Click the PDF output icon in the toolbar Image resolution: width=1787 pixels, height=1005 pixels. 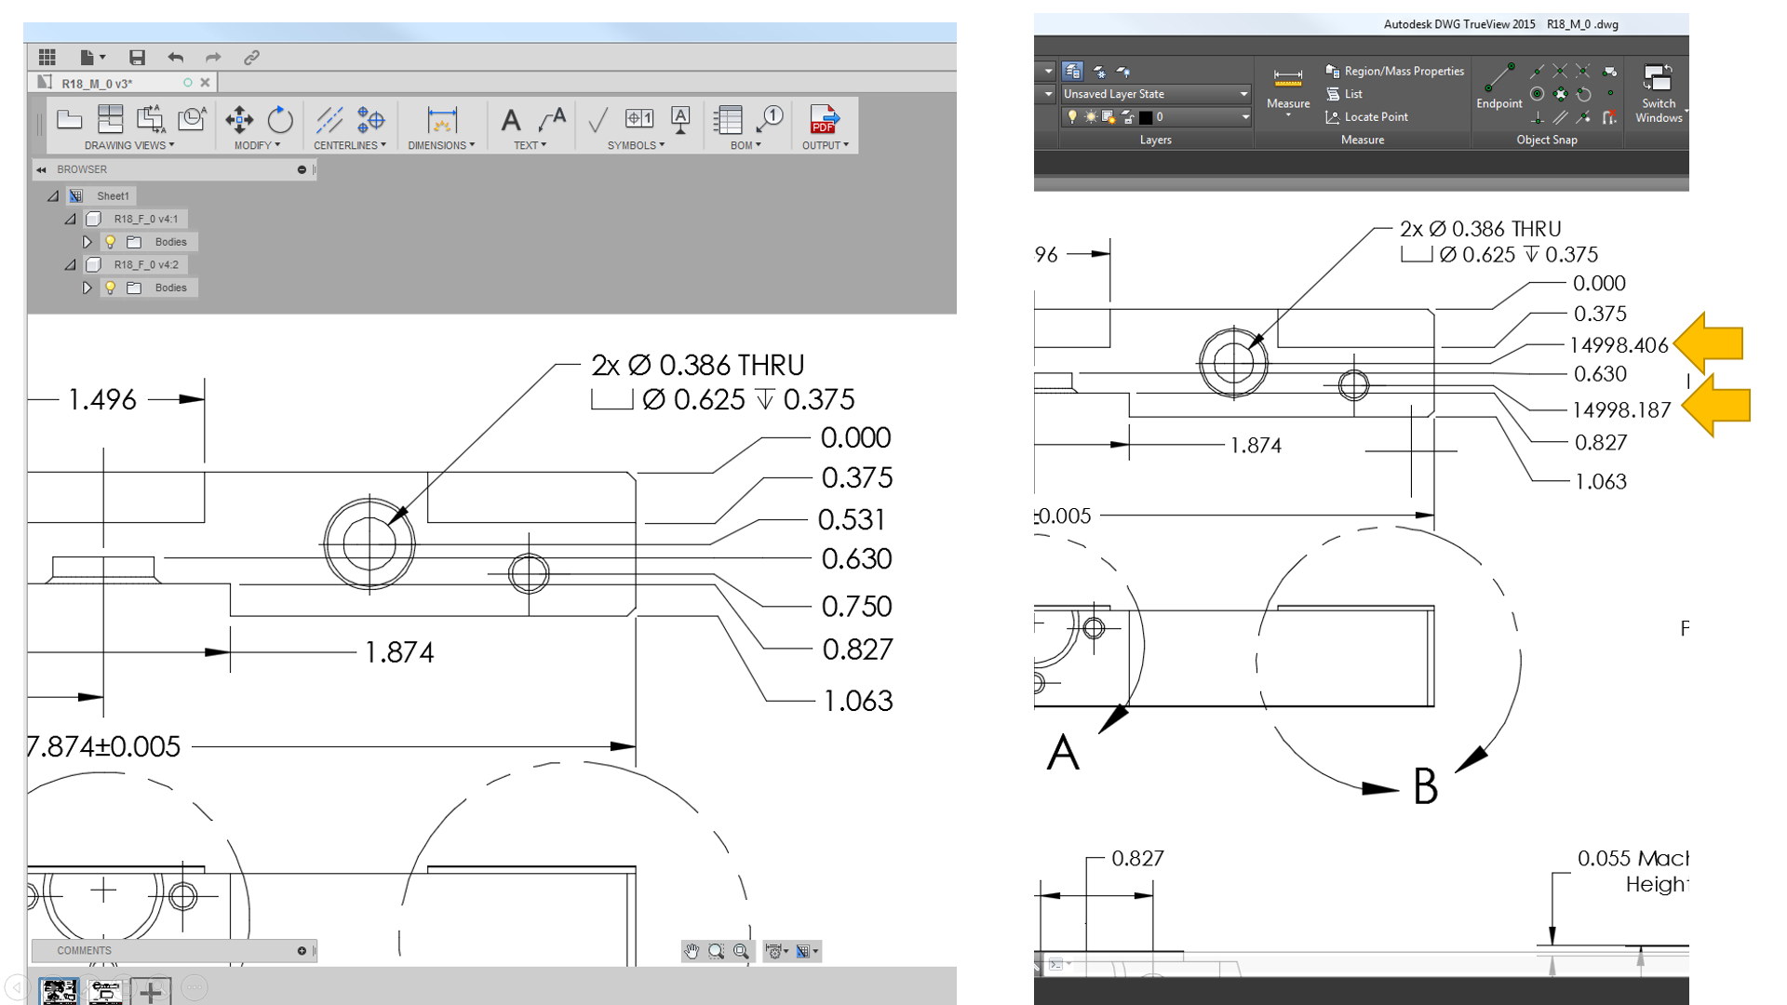tap(824, 120)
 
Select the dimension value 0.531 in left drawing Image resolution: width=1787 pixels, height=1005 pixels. tap(851, 519)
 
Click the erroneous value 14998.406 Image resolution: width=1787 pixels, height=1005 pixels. tap(1619, 345)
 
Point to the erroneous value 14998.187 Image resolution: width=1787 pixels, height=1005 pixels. tap(1620, 410)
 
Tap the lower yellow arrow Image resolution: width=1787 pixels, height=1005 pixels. tap(1716, 406)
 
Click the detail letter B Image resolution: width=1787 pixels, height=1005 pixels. tap(1425, 786)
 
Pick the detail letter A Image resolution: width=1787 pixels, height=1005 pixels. tap(1063, 752)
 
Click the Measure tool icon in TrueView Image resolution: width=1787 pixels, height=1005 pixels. tap(1287, 82)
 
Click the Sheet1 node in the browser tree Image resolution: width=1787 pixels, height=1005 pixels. tap(113, 196)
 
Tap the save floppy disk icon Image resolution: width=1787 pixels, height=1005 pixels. tap(137, 58)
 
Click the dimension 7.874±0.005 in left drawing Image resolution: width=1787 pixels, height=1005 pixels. tap(104, 746)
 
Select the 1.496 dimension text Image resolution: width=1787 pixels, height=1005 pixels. tap(102, 400)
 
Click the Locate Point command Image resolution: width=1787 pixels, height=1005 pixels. tap(1375, 117)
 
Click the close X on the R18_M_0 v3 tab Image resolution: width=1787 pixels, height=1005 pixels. tap(206, 83)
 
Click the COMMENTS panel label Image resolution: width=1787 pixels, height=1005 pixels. tap(84, 950)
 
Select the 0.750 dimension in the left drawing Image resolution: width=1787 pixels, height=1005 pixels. tap(856, 607)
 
